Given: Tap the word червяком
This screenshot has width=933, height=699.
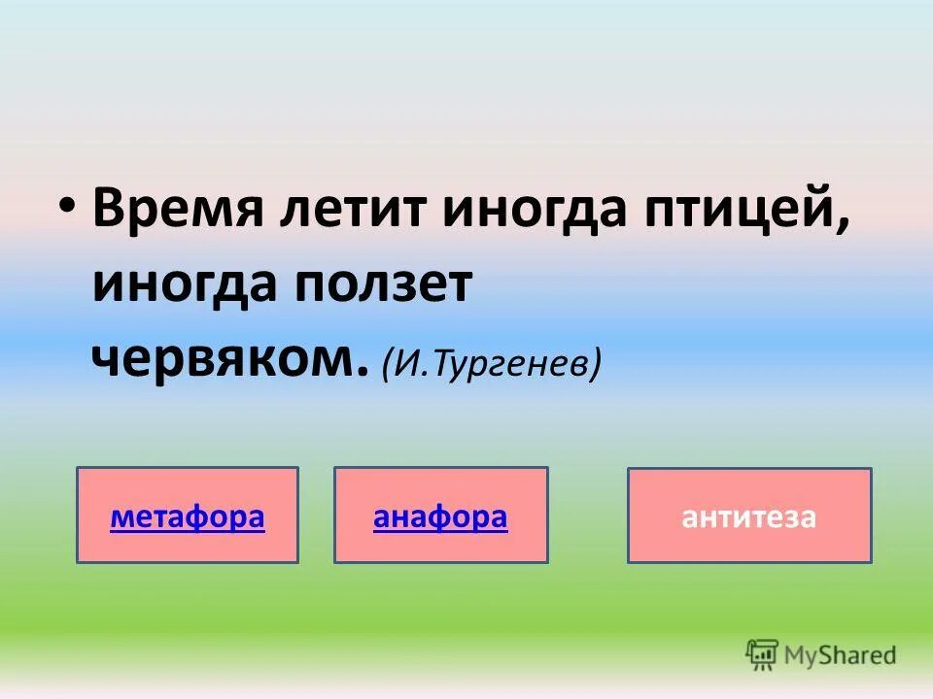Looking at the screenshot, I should pos(224,360).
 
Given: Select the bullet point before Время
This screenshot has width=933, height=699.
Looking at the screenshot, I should pos(65,210).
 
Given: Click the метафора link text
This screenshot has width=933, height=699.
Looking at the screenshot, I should pos(188,517).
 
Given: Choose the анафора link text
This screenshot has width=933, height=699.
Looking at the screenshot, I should pos(440,517).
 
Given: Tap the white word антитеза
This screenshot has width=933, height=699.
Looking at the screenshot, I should pos(748,517).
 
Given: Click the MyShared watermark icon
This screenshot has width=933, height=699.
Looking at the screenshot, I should pos(763,654).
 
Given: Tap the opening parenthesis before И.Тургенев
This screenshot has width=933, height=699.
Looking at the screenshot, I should pos(388,365).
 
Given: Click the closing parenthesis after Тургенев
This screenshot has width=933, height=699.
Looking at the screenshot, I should pos(595,365).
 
